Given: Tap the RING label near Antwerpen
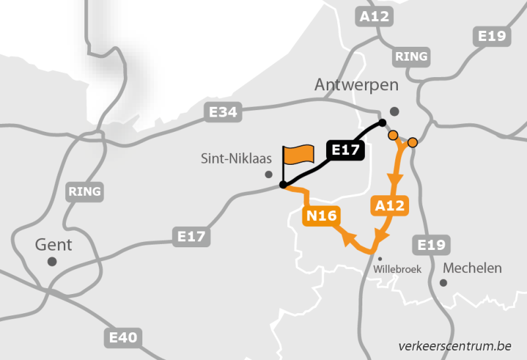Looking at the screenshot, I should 412,57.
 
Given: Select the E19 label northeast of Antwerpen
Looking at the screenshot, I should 492,36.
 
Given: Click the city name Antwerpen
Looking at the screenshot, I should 356,85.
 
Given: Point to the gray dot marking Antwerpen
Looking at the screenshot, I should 395,111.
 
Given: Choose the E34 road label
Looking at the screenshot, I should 223,113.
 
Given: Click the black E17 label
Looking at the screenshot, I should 345,150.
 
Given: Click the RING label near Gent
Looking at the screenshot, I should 85,192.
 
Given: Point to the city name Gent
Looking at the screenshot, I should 53,245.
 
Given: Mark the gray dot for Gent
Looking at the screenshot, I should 52,262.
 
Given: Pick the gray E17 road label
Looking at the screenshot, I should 192,236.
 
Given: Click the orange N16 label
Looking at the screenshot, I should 321,216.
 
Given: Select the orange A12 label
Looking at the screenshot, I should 389,206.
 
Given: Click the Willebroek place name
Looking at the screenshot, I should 397,269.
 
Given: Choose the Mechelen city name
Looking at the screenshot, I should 472,268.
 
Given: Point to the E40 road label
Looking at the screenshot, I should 123,338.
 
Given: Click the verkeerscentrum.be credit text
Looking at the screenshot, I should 455,346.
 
